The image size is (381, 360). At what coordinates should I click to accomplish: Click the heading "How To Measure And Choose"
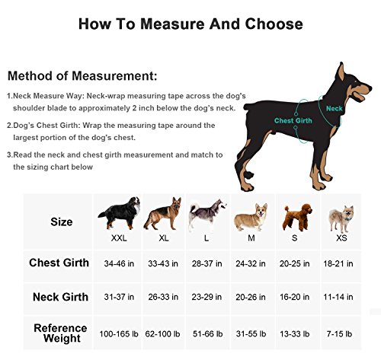[x=190, y=24]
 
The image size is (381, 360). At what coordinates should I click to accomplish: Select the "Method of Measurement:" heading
[x=83, y=76]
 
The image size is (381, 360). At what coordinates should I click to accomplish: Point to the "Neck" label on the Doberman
[x=335, y=109]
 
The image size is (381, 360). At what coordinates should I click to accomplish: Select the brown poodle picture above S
[x=293, y=216]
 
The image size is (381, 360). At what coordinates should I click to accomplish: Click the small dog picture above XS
[x=338, y=218]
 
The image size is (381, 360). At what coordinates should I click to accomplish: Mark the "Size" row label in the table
[x=62, y=222]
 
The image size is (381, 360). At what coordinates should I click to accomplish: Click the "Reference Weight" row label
[x=60, y=334]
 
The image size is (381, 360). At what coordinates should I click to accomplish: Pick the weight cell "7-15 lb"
[x=337, y=333]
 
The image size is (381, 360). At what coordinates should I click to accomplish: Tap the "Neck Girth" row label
[x=61, y=297]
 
